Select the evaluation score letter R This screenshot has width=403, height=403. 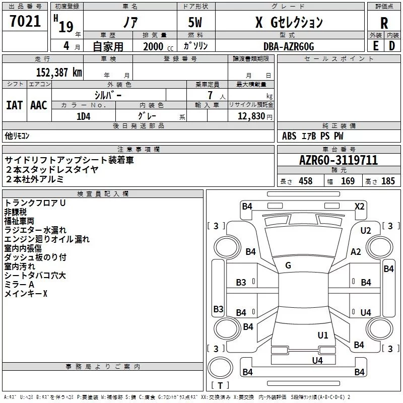(384, 23)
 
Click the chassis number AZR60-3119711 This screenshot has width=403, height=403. (338, 161)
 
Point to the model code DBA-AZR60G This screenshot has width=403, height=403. (288, 46)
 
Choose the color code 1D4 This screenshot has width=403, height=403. (83, 116)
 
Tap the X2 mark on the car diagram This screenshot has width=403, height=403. (359, 206)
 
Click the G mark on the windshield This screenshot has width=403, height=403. (288, 265)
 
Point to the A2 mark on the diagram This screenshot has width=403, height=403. (356, 252)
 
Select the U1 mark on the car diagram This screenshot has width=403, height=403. (323, 335)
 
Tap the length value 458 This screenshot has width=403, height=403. (305, 181)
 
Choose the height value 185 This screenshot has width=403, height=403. (388, 181)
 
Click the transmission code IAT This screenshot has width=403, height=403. (14, 105)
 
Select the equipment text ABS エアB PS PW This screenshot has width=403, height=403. (313, 136)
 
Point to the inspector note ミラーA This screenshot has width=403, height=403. (19, 285)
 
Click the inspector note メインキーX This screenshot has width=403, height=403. (26, 294)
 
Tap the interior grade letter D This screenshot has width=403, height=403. (392, 46)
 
